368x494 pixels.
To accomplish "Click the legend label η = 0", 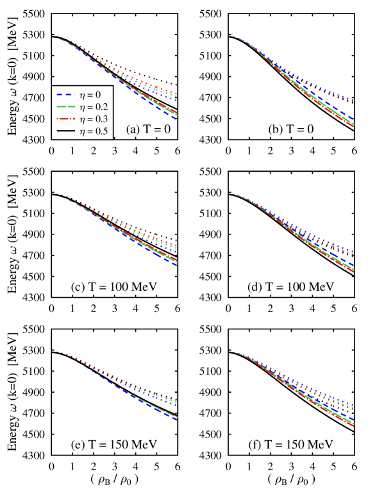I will pos(90,95).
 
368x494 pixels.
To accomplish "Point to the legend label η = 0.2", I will pos(94,107).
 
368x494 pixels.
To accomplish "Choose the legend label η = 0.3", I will pos(94,119).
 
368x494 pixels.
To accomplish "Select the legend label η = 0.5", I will pos(94,131).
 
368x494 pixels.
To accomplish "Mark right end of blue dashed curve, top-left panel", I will pos(176,119).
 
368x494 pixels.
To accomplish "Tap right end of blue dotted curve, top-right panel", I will pos(354,99).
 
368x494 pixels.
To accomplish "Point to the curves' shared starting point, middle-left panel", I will pos(53,195).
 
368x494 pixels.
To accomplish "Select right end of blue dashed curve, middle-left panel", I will pos(176,265).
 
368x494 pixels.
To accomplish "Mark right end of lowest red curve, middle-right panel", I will pos(354,272).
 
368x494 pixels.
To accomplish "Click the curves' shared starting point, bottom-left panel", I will pos(53,352).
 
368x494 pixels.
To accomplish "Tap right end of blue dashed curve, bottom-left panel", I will pos(176,420).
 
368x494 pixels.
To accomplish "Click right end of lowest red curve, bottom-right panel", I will pos(354,426).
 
